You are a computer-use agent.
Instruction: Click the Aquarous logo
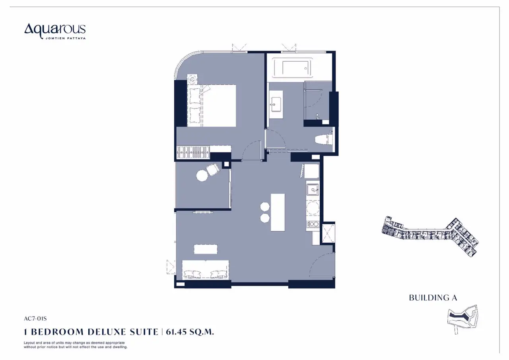point(55,31)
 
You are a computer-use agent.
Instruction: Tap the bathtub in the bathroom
point(293,68)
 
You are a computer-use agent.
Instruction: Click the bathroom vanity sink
point(276,104)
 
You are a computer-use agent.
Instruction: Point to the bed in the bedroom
point(212,106)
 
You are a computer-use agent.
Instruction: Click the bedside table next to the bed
point(192,79)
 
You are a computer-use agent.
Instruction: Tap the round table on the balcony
point(202,176)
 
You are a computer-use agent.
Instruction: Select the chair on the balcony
point(213,169)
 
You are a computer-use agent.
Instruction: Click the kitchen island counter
point(278,212)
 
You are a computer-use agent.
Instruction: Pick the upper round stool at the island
point(265,207)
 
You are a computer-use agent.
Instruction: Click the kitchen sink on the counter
point(313,189)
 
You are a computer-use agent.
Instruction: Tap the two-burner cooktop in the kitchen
point(313,224)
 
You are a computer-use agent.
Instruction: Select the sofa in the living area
point(206,270)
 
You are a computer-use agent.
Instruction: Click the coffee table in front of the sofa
point(206,249)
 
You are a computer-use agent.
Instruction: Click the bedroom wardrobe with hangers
point(193,152)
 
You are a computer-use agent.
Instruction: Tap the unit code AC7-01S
point(35,319)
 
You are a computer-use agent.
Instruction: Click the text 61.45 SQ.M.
point(190,332)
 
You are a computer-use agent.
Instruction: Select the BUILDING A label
point(433,298)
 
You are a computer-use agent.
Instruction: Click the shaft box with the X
point(328,233)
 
